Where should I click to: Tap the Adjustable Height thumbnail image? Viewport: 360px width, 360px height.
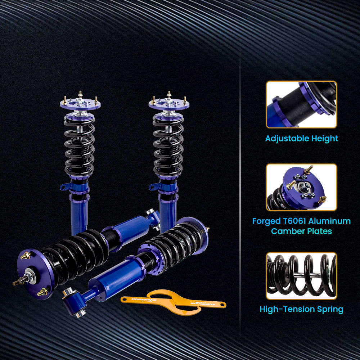click(x=301, y=104)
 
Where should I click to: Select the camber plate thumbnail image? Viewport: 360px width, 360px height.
click(x=301, y=187)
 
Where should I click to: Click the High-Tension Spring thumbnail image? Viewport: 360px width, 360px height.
click(x=301, y=276)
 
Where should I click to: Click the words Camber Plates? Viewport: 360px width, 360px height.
click(x=301, y=231)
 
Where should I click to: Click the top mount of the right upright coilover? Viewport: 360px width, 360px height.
click(x=169, y=103)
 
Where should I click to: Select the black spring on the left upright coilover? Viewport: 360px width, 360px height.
click(x=80, y=148)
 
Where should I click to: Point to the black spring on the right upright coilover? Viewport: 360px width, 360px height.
click(x=168, y=148)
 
